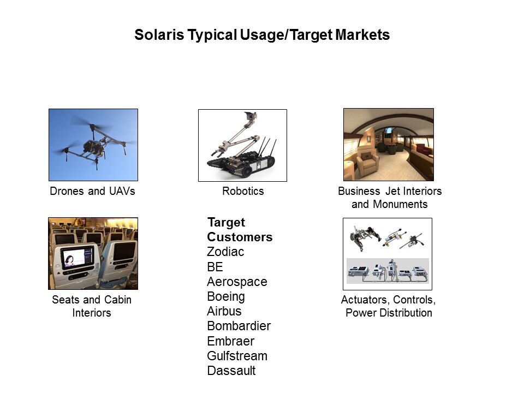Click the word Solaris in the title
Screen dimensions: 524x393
(159, 35)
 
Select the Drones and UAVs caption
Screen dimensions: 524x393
(93, 191)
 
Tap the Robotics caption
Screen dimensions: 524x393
(243, 191)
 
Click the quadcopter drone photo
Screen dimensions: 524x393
(93, 145)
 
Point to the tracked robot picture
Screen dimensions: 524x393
(242, 145)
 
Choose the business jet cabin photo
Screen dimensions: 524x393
(389, 144)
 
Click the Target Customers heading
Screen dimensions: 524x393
(240, 230)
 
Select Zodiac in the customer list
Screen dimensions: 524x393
(225, 252)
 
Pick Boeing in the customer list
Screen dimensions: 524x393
(226, 296)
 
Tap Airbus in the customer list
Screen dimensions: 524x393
(224, 311)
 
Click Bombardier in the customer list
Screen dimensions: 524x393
(239, 326)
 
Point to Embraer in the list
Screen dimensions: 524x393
(231, 341)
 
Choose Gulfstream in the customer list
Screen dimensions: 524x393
(237, 356)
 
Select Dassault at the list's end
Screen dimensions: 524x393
(231, 371)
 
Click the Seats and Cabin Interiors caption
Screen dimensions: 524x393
(92, 306)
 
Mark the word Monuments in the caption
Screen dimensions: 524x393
(400, 204)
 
